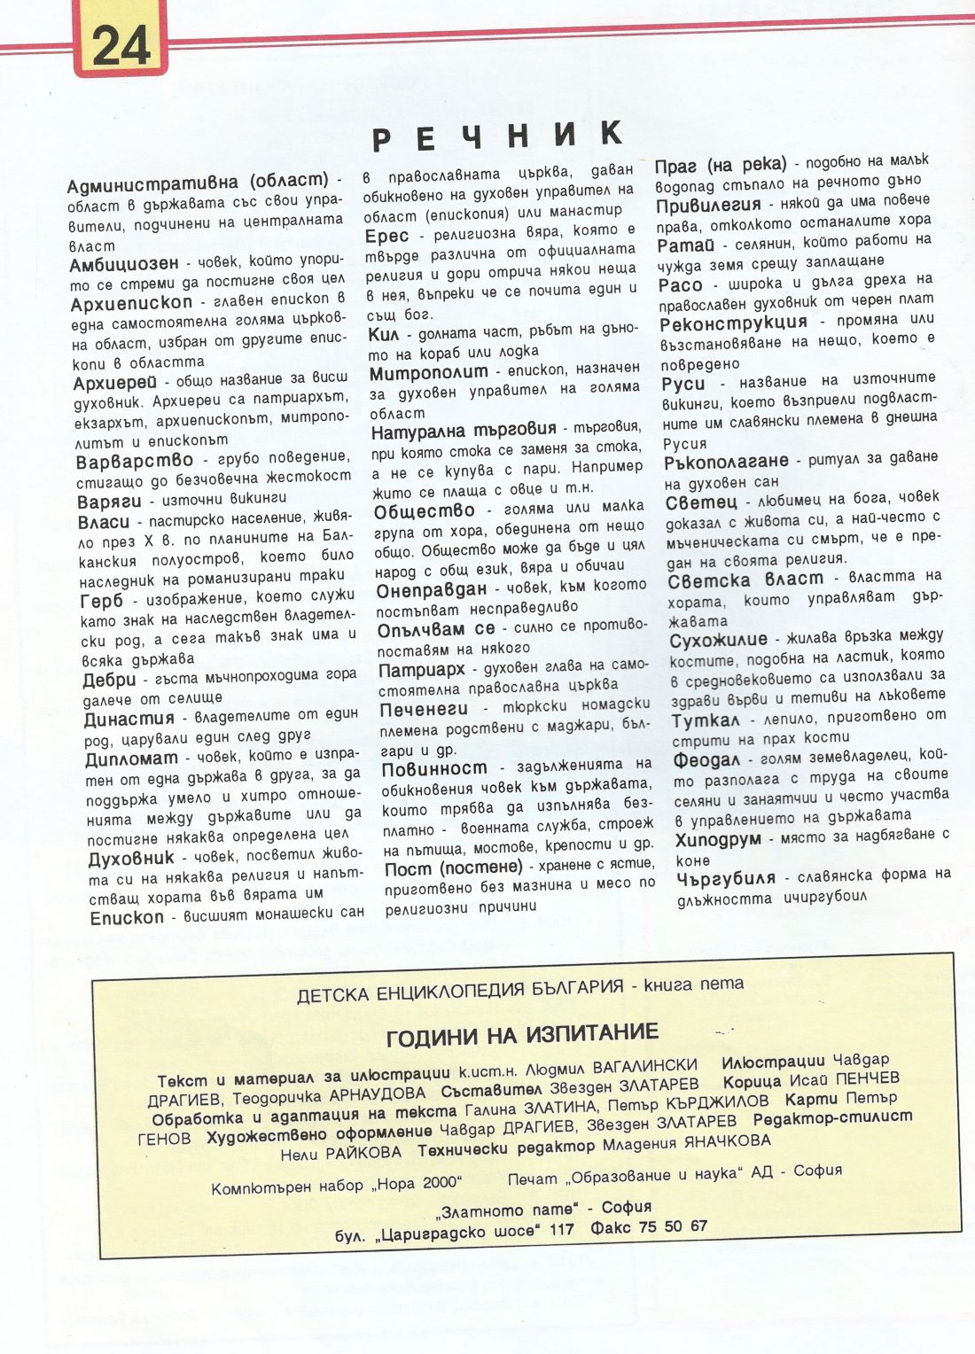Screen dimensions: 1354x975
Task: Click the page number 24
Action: (121, 44)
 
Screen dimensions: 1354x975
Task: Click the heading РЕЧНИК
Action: (498, 136)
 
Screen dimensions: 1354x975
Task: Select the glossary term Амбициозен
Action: (124, 263)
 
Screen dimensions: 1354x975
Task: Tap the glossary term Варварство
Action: (135, 461)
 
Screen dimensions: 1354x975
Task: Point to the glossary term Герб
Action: (102, 602)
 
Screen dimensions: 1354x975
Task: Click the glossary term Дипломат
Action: (132, 759)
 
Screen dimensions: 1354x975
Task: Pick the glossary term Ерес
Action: (387, 236)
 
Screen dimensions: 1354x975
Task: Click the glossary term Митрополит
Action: (429, 372)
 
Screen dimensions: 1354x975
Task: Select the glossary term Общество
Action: (425, 511)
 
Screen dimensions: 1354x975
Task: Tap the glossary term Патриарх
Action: (422, 670)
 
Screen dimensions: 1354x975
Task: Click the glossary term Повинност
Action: (434, 768)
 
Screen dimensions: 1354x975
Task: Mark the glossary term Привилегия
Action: (708, 206)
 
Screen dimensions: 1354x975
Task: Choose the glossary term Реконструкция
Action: (734, 323)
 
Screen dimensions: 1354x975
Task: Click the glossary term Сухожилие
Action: (719, 640)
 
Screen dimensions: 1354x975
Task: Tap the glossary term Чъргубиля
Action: (726, 879)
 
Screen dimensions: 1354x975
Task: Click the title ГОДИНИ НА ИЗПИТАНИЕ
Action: (522, 1034)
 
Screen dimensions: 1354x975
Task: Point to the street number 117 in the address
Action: (561, 1229)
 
